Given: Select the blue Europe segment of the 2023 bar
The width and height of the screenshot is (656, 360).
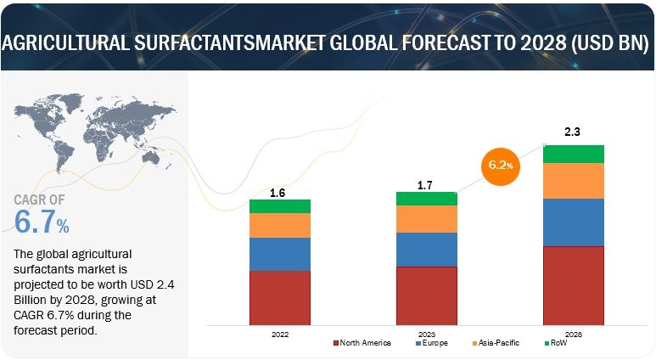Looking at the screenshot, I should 426,249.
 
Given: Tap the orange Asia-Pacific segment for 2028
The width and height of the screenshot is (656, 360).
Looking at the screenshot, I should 573,180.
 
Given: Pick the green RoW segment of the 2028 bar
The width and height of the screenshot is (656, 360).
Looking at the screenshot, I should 573,153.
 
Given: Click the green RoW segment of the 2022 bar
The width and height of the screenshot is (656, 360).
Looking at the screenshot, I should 279,205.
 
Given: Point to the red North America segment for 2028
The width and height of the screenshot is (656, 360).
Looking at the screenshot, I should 573,285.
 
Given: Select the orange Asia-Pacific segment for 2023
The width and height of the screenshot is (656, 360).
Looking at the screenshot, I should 426,218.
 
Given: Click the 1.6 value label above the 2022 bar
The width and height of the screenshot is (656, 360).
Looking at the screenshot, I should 278,193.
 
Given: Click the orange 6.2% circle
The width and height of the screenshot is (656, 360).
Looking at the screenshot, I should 501,165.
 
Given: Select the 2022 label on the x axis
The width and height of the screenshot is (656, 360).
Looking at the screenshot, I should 279,335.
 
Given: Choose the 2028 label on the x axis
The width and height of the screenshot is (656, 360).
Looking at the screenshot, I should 573,335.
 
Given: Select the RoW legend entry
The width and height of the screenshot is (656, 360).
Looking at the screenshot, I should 558,343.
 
